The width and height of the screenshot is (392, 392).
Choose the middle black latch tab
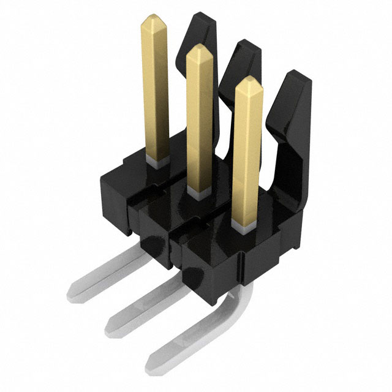[x=242, y=61]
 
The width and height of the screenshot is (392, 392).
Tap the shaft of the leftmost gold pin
[x=155, y=92]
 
